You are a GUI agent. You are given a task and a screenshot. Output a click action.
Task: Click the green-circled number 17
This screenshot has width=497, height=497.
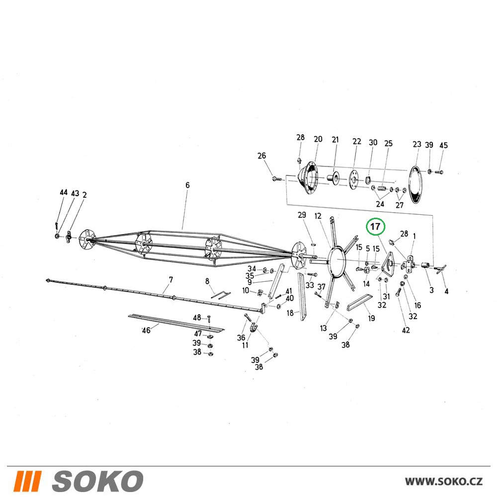[x=375, y=227]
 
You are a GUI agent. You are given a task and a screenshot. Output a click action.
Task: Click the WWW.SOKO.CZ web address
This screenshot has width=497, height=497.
[x=444, y=482]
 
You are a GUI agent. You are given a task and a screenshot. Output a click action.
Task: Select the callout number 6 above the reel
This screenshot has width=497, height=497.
[x=187, y=185]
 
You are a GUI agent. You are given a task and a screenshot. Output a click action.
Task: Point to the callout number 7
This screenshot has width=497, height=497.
[x=171, y=280]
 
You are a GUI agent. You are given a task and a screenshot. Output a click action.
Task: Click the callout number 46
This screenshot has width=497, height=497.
[x=146, y=331]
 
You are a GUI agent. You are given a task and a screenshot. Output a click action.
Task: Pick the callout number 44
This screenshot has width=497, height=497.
[x=64, y=192]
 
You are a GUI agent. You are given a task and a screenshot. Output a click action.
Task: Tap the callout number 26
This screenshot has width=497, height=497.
[x=261, y=156]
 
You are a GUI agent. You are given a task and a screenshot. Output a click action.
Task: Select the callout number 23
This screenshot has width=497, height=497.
[x=417, y=144]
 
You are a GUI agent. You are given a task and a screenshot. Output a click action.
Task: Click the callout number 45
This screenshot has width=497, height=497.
[x=443, y=145]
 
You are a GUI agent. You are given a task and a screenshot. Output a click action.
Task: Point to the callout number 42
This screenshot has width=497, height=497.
[x=406, y=331]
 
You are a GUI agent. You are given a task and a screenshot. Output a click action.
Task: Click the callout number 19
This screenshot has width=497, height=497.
[x=371, y=318]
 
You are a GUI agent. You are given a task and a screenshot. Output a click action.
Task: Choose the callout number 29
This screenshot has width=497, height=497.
[x=302, y=215]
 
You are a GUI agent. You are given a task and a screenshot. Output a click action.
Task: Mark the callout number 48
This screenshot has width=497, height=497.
[x=197, y=317]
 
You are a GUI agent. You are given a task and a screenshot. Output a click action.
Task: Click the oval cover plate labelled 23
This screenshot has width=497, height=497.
[x=415, y=184]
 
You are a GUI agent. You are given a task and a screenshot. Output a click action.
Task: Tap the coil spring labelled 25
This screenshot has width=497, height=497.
[x=383, y=189]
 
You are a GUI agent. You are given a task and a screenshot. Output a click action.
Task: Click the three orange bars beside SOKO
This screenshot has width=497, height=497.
[x=27, y=481]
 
